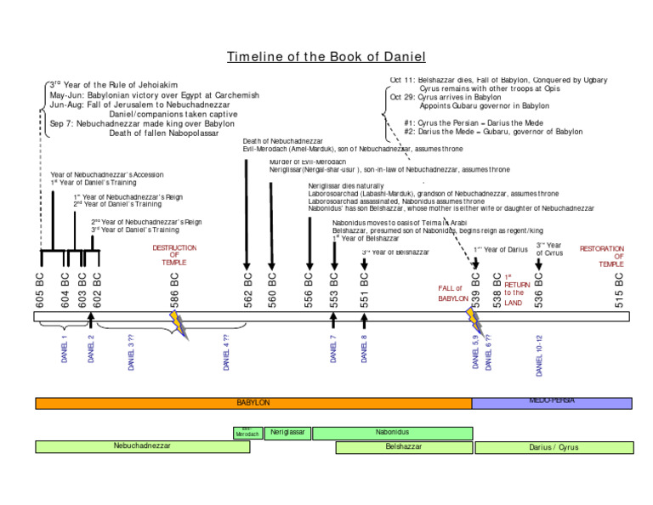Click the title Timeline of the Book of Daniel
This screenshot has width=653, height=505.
tap(326, 57)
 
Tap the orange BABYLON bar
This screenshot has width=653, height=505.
tap(253, 402)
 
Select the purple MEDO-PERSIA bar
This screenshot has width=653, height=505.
tap(551, 402)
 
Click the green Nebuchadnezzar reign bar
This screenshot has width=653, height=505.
tap(142, 446)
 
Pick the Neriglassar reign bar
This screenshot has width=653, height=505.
tap(287, 433)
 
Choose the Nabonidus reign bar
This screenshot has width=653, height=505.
tap(392, 433)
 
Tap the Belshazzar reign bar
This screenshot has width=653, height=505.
tap(403, 446)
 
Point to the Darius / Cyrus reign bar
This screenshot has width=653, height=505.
tap(554, 446)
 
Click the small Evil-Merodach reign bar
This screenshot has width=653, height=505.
tap(247, 432)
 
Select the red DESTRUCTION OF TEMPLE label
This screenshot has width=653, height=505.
tap(174, 255)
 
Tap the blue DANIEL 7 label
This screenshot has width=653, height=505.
tap(334, 349)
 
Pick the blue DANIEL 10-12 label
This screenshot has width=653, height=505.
tap(538, 355)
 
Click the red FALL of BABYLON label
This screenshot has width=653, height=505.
tap(453, 293)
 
